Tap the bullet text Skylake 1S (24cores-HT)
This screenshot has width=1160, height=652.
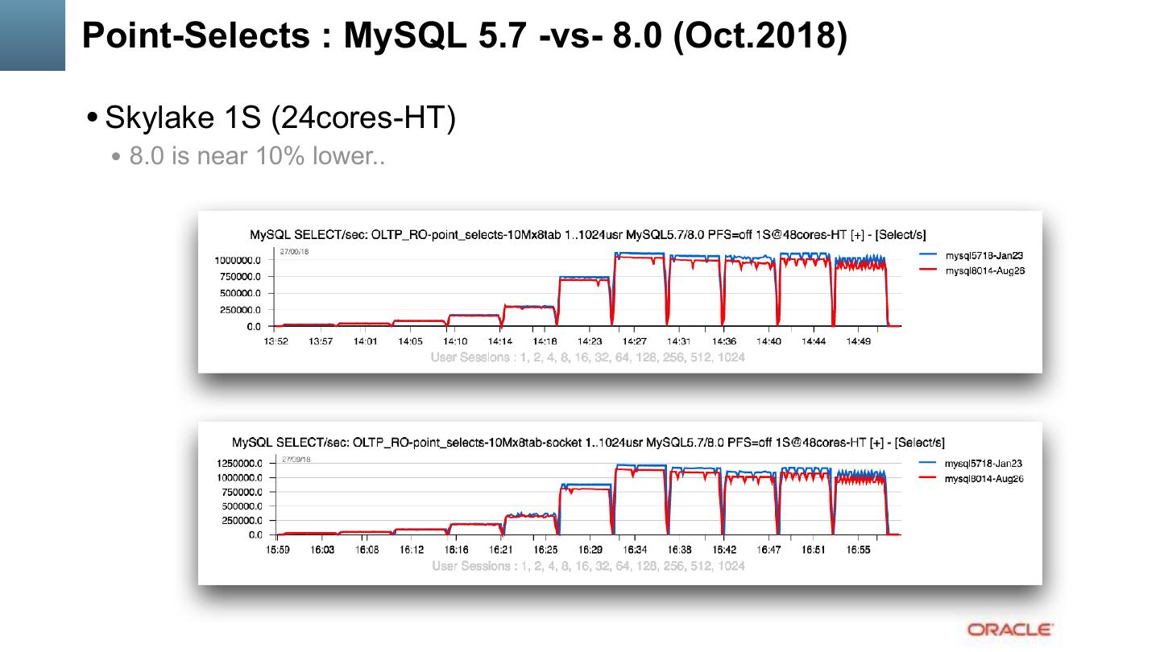click(x=280, y=118)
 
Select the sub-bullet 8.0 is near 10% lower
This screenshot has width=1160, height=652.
click(x=257, y=156)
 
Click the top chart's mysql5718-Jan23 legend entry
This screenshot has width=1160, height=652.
click(x=984, y=255)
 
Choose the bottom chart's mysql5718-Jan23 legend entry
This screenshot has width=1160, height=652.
click(x=984, y=464)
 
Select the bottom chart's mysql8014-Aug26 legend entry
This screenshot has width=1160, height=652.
click(x=984, y=479)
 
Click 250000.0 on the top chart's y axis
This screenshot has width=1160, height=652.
click(x=240, y=310)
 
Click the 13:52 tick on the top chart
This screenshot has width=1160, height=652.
click(x=276, y=341)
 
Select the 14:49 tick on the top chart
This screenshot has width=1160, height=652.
click(x=859, y=341)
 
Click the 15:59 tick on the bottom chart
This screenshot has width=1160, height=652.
click(x=277, y=550)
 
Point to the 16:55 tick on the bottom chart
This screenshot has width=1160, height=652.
click(x=858, y=550)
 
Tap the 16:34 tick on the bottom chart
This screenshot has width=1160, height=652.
click(x=635, y=550)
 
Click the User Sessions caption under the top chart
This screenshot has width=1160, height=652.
click(x=587, y=357)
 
